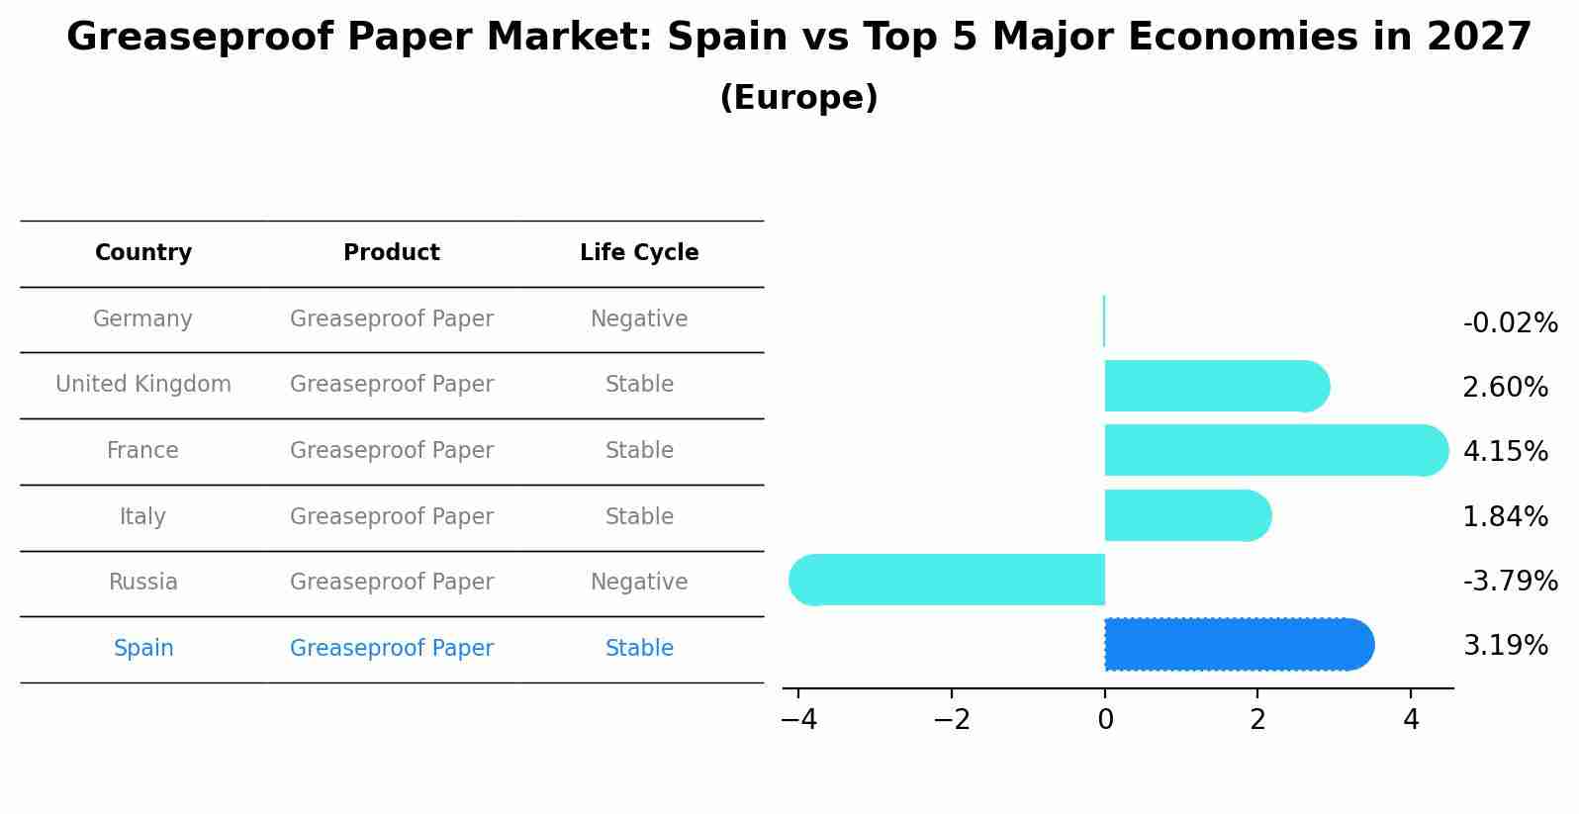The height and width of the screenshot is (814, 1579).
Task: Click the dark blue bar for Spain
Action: [x=1237, y=645]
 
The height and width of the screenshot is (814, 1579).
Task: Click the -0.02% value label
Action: [x=1510, y=323]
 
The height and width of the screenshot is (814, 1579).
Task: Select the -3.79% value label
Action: [x=1510, y=581]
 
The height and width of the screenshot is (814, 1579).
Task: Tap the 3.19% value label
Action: [x=1505, y=646]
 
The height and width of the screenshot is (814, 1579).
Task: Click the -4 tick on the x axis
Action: [x=799, y=720]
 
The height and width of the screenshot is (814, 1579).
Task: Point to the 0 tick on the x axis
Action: [x=1105, y=720]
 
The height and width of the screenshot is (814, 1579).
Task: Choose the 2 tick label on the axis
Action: [x=1257, y=720]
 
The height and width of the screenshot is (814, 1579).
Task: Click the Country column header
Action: [x=143, y=253]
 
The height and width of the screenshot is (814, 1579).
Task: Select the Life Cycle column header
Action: [x=639, y=253]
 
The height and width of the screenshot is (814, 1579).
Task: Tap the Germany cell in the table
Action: [x=142, y=319]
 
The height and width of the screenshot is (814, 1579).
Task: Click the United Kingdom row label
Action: [x=143, y=385]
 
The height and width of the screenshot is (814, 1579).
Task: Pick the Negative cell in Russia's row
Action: [x=639, y=583]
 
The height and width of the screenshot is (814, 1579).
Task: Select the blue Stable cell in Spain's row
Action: [x=639, y=649]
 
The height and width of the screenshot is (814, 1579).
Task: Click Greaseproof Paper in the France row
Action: [x=392, y=451]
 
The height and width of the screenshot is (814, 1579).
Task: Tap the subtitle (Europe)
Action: [x=798, y=98]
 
